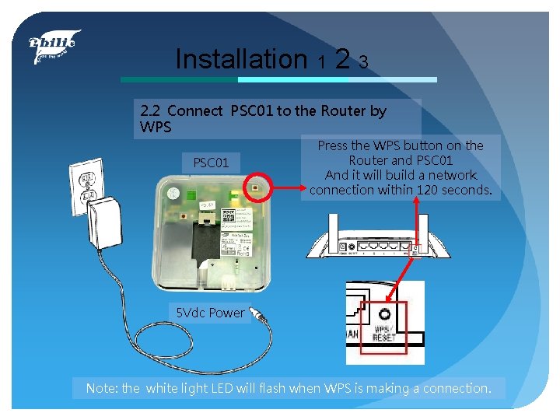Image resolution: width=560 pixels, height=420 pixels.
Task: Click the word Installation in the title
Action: (241, 58)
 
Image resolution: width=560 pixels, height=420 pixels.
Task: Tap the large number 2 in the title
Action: (341, 58)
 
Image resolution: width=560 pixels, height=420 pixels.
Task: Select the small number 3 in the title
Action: (363, 61)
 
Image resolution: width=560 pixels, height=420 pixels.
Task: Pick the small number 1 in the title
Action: (320, 62)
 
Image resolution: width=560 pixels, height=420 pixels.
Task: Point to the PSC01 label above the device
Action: (211, 163)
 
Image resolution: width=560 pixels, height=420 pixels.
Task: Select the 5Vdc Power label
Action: (210, 313)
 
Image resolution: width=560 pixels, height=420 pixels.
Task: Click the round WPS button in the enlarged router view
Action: (383, 314)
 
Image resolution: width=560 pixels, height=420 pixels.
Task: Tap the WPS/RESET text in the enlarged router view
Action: (384, 334)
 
